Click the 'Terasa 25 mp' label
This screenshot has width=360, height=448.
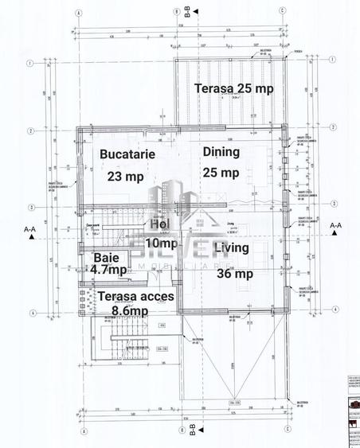(x=234, y=88)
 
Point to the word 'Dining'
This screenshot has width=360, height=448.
(x=221, y=151)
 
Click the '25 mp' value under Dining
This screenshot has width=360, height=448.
(x=221, y=172)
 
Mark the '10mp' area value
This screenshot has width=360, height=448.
(x=163, y=242)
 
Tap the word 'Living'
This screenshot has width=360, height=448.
(x=232, y=248)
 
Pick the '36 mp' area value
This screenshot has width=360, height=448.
(x=235, y=273)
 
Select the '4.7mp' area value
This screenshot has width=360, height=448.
(x=108, y=271)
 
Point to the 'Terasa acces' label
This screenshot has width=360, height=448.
(x=131, y=296)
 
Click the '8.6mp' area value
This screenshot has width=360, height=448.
(x=129, y=311)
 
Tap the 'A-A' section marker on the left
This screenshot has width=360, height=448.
(x=30, y=229)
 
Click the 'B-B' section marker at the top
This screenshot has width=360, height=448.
(x=187, y=10)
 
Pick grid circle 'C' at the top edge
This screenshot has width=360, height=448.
(x=283, y=12)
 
